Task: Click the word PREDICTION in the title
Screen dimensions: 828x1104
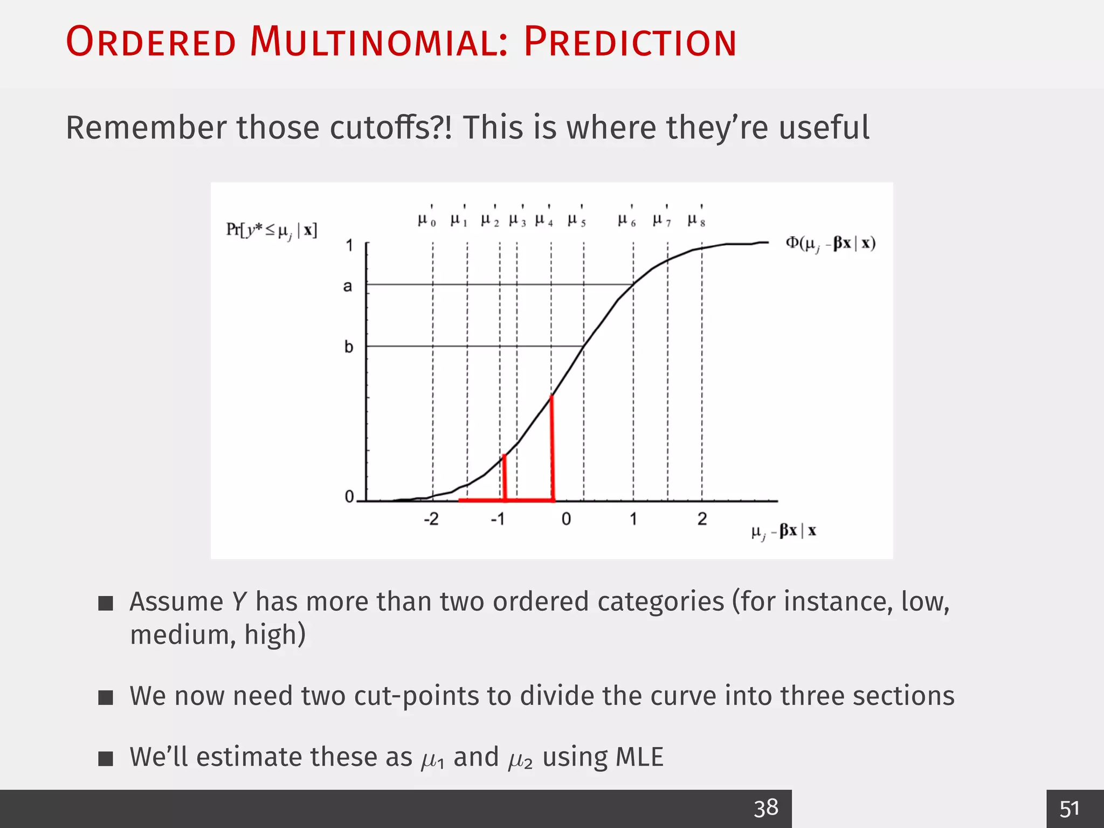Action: click(630, 42)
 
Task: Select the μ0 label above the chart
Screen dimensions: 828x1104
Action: click(426, 220)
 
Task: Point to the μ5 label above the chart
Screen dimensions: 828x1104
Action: click(576, 220)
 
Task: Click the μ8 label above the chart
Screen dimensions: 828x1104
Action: click(696, 220)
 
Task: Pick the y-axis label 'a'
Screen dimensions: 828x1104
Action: click(348, 286)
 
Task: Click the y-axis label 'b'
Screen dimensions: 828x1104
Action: click(349, 347)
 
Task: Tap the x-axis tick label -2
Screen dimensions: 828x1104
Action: click(431, 519)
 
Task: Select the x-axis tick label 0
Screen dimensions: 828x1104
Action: click(566, 519)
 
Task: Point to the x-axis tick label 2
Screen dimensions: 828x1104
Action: click(702, 519)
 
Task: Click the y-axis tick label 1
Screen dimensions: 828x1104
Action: click(349, 246)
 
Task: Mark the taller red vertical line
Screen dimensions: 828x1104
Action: click(553, 447)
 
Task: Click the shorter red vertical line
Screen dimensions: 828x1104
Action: click(505, 477)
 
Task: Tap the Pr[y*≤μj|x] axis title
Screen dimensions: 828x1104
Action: click(271, 231)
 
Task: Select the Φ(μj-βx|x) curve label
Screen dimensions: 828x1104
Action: click(830, 244)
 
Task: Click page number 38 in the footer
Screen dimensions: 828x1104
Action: click(765, 808)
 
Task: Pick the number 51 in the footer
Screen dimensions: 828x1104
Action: click(1069, 809)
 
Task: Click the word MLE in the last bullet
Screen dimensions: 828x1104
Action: click(639, 757)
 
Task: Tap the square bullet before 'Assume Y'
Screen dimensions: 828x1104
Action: click(106, 603)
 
